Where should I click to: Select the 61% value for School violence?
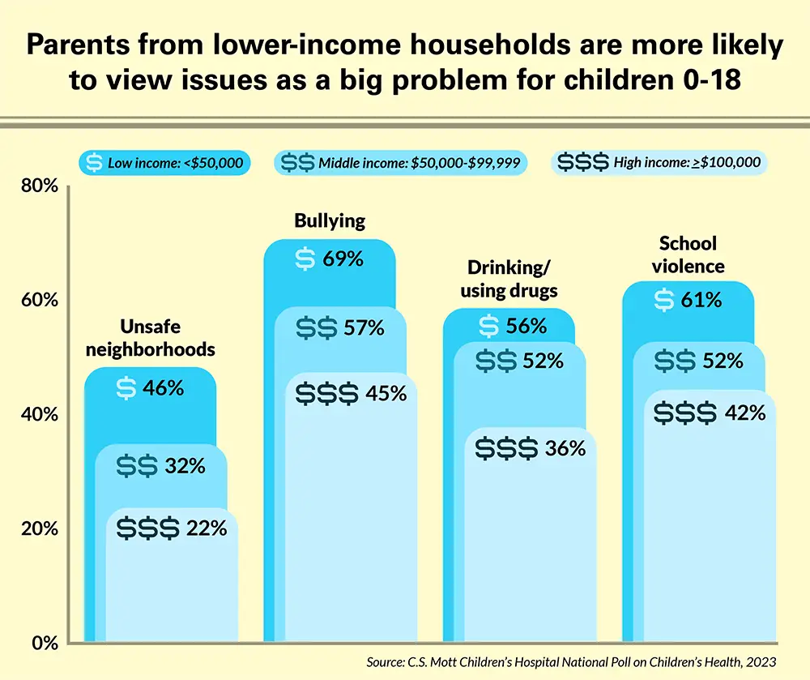[701, 301]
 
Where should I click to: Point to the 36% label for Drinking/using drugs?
[565, 447]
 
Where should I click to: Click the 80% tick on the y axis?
[39, 186]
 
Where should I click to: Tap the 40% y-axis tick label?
[39, 414]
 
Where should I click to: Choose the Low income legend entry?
[164, 163]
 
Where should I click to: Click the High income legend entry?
[659, 163]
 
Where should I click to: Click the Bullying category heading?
[330, 220]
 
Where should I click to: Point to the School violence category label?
[688, 254]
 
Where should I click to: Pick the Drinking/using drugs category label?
[509, 280]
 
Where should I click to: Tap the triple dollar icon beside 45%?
[326, 394]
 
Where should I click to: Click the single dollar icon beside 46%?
[126, 387]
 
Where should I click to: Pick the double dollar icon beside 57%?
[317, 328]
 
